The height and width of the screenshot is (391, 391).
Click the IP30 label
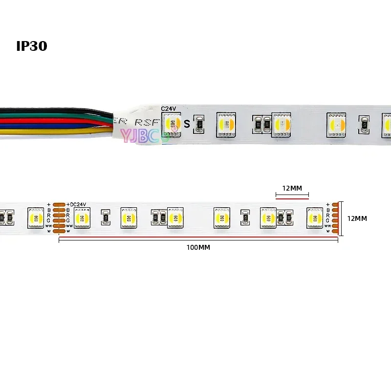click(31, 46)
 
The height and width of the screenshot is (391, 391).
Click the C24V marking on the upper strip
click(169, 109)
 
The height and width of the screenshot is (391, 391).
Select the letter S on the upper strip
click(187, 124)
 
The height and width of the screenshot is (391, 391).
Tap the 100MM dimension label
click(198, 247)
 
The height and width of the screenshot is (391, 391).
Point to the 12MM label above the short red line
click(292, 188)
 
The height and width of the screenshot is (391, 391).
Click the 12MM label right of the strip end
click(357, 218)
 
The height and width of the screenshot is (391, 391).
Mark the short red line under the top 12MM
click(292, 198)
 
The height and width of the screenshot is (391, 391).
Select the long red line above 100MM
click(198, 239)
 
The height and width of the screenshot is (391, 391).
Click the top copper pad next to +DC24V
click(59, 204)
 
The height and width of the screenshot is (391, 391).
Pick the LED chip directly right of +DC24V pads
click(81, 217)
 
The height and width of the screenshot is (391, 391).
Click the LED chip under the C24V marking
click(172, 123)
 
